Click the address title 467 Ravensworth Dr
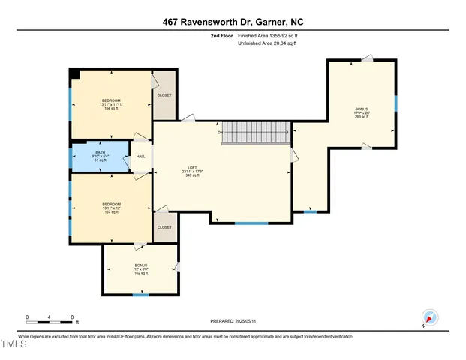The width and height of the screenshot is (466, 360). pos(233,22)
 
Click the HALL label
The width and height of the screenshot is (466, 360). pos(140,157)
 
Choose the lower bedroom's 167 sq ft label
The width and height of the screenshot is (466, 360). pos(111,213)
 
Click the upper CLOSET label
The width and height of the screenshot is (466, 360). pos(164,95)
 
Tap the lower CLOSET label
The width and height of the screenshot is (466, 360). pos(164,227)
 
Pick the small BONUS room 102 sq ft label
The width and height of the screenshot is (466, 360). pos(141,273)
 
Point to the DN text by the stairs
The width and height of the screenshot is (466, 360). pos(221,133)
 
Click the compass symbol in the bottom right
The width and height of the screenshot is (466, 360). pos(428,318)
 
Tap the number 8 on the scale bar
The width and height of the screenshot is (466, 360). pos(71,317)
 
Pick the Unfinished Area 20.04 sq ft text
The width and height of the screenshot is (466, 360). pos(268,43)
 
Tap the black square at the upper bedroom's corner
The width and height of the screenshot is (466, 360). pos(74,73)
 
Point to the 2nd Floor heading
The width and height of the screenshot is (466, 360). pos(223,35)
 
